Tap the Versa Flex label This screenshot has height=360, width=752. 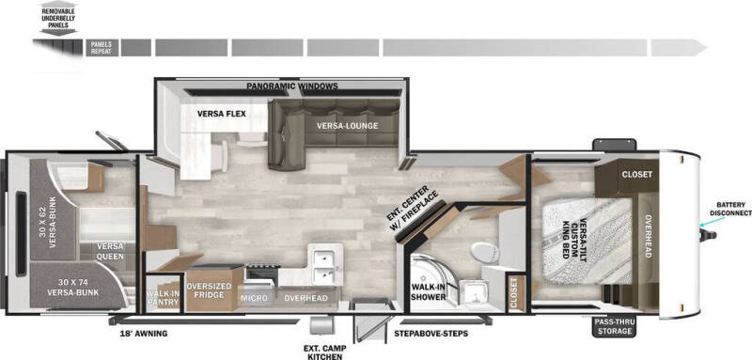tap(222, 114)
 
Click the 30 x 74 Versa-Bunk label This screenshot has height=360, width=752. tap(76, 288)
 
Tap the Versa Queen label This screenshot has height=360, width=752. tap(110, 252)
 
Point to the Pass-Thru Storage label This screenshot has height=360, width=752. tap(615, 325)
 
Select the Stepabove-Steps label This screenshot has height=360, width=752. tap(430, 332)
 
